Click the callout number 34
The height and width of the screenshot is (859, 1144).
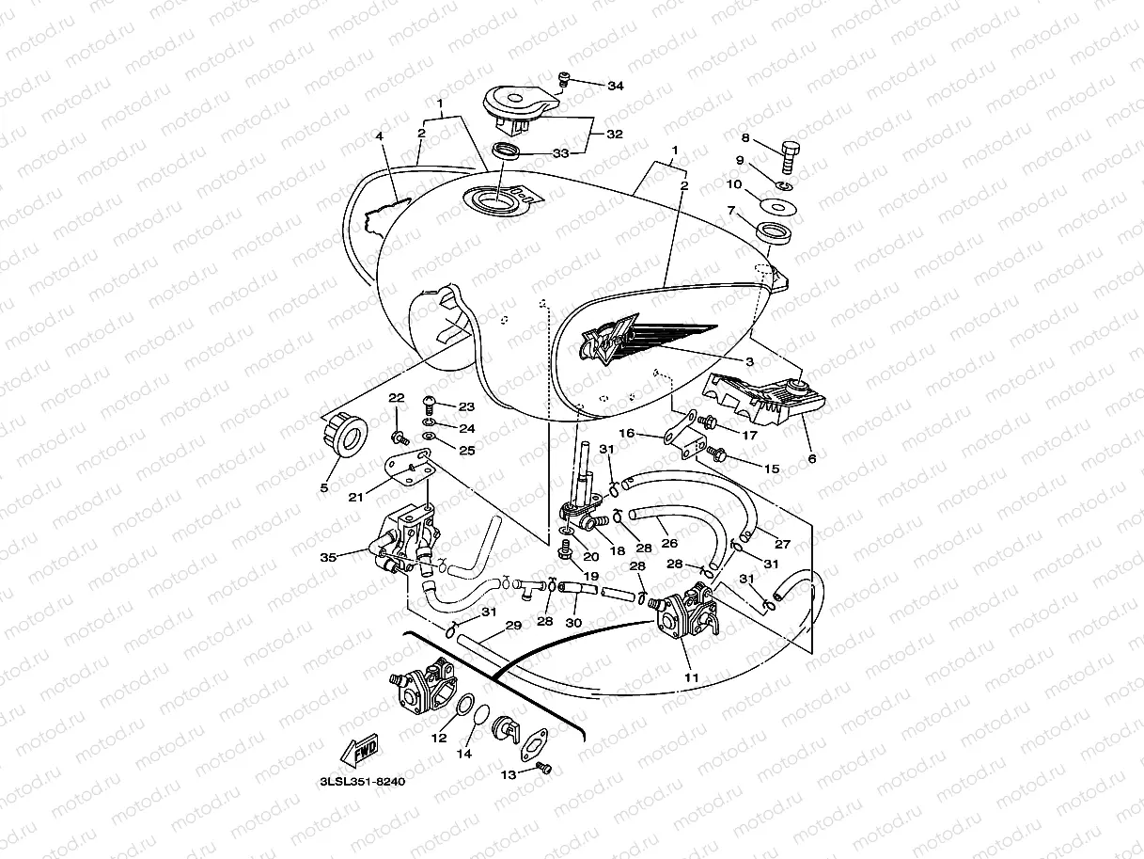615,86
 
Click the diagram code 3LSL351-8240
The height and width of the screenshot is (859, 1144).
361,781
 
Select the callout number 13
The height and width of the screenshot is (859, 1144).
509,774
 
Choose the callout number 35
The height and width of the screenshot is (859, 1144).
328,557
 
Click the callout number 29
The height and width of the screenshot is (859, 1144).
512,626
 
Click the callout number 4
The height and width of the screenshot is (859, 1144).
380,136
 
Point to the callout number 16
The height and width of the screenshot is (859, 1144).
627,433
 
